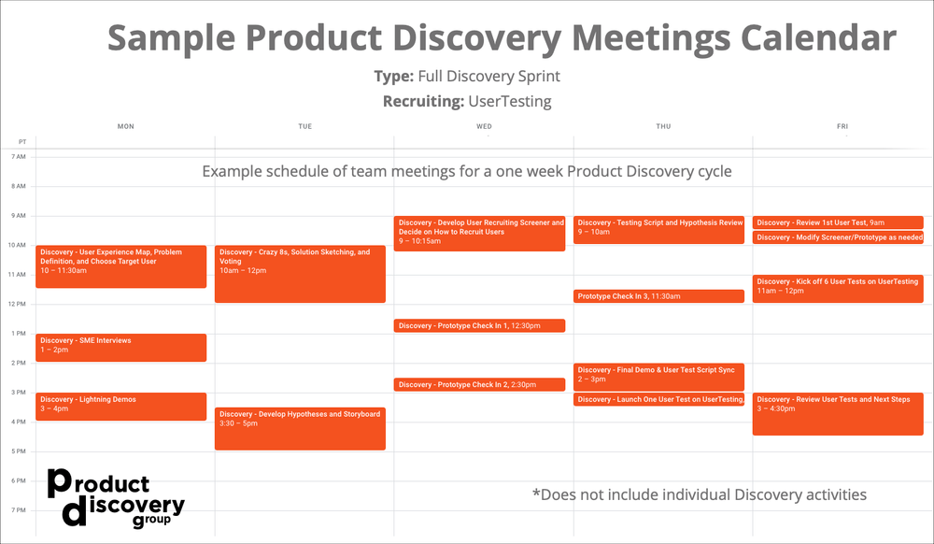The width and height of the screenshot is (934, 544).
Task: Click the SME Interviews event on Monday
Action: tap(120, 347)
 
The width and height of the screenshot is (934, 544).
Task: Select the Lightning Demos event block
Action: tap(120, 406)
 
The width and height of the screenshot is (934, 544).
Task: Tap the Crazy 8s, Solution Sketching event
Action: tap(300, 274)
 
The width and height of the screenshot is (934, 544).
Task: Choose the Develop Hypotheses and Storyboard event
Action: tap(300, 428)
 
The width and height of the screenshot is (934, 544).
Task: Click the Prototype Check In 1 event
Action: tap(479, 326)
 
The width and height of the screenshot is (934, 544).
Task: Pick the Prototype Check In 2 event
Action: tap(479, 385)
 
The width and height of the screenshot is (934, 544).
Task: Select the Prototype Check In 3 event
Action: tap(658, 296)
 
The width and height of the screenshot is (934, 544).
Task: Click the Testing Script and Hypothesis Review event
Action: tap(658, 229)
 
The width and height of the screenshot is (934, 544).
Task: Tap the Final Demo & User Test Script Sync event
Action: tap(658, 376)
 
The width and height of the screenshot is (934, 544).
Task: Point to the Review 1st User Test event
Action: tap(838, 222)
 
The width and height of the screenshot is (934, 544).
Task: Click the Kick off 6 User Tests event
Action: tap(838, 288)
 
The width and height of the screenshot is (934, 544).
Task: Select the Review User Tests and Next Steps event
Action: tap(838, 413)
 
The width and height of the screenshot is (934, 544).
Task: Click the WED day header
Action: tap(484, 126)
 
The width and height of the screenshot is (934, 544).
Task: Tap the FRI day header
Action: tap(842, 126)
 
